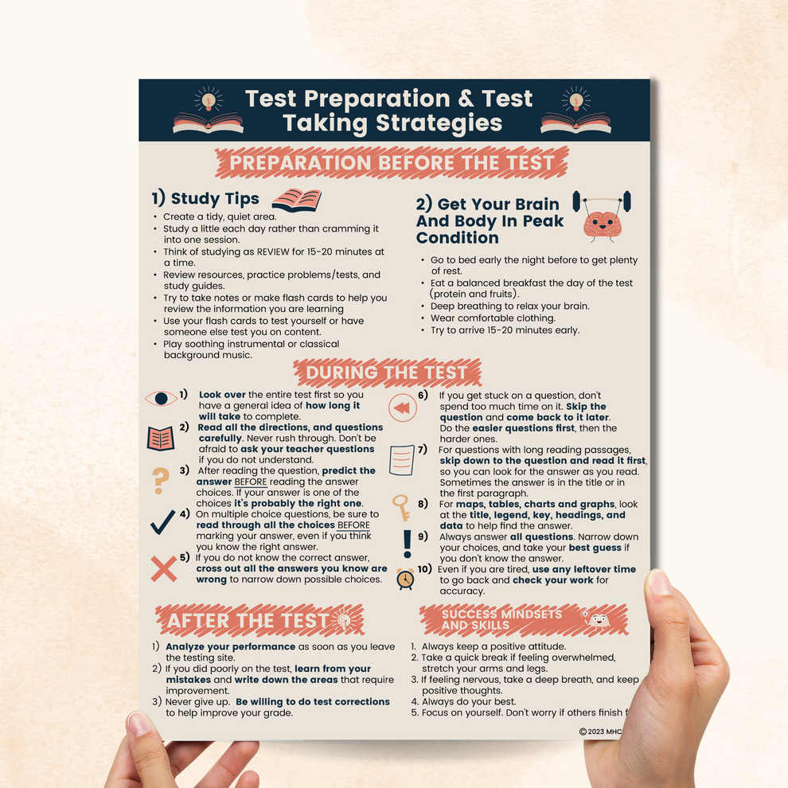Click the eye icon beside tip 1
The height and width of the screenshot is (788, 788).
[161, 399]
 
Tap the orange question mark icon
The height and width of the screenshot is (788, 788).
[161, 480]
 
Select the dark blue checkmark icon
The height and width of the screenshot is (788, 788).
[162, 522]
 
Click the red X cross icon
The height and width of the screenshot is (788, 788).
[164, 568]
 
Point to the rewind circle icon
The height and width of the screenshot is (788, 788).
[403, 408]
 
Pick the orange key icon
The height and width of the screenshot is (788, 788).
[400, 508]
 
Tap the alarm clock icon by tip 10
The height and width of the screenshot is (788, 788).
[405, 578]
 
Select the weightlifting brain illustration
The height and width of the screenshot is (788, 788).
[603, 215]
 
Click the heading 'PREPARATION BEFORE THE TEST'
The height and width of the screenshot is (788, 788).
[392, 164]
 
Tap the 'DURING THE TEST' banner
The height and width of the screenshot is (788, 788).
[387, 373]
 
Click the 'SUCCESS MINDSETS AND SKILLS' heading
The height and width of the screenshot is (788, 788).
[501, 619]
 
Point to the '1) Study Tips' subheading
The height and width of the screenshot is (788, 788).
[205, 198]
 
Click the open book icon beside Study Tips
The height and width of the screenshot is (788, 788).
[296, 199]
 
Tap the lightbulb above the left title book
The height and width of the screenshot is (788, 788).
[209, 99]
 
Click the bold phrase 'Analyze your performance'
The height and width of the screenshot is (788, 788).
[220, 647]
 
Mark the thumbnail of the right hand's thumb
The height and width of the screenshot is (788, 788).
[660, 584]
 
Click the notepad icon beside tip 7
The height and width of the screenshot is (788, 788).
[400, 459]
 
